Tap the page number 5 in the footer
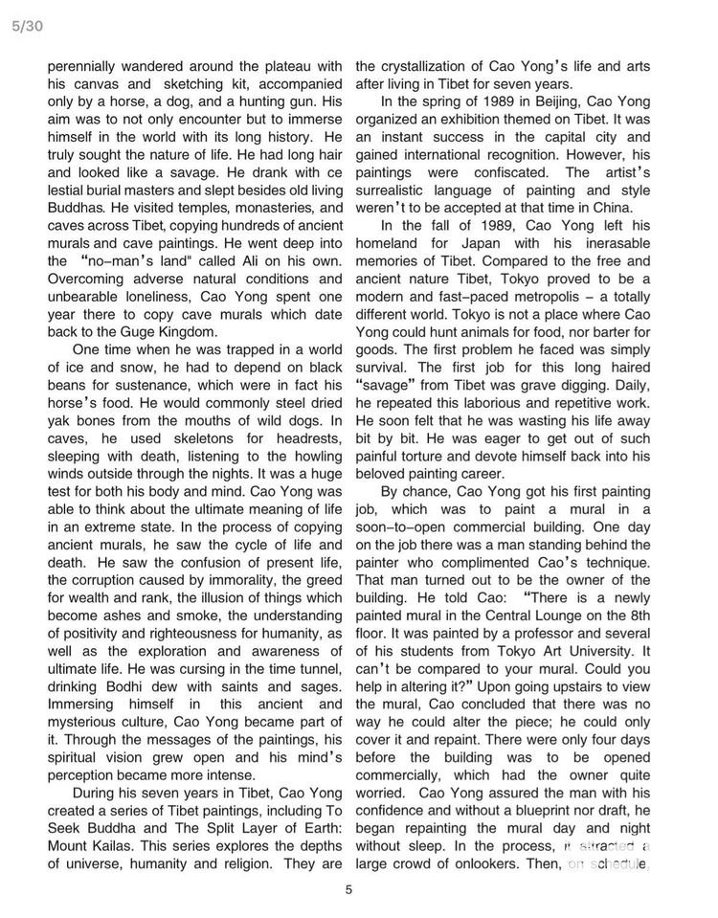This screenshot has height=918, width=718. coord(349,888)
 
